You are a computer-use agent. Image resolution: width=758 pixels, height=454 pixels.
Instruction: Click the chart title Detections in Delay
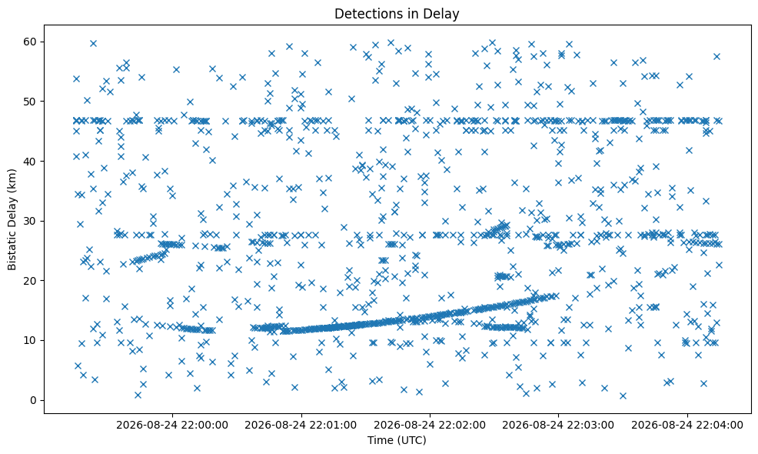click(x=397, y=14)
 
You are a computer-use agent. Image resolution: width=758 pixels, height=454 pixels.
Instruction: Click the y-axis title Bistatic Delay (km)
click(x=12, y=220)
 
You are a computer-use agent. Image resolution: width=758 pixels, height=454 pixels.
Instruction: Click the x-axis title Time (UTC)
click(x=397, y=440)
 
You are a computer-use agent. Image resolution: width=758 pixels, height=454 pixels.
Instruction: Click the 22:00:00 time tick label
click(x=172, y=426)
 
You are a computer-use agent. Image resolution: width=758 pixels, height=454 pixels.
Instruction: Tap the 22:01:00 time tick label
click(x=301, y=426)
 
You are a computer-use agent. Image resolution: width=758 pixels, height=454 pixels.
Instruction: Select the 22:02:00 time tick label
click(x=430, y=426)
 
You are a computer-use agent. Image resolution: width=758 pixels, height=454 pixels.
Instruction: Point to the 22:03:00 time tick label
click(x=558, y=426)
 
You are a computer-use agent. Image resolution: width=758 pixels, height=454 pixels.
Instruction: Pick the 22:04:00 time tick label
click(x=687, y=426)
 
